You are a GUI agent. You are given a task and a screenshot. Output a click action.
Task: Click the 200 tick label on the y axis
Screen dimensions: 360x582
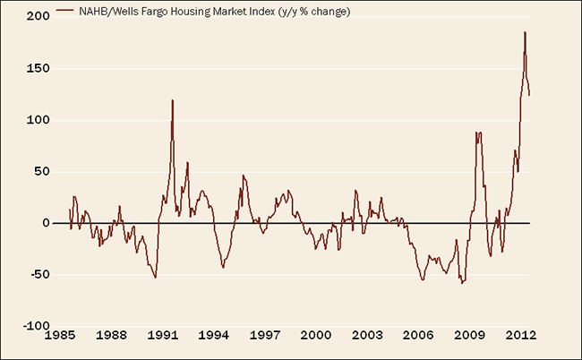[37, 17]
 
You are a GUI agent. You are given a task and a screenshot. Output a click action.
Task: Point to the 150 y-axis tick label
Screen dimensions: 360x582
[37, 68]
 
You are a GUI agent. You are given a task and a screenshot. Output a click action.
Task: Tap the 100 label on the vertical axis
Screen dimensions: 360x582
[37, 120]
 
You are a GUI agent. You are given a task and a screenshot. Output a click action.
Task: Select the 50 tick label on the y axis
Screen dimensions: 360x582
[40, 171]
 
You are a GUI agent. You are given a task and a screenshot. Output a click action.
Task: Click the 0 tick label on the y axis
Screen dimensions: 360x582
[44, 223]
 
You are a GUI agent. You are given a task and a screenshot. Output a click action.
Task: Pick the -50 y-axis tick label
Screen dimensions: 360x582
[39, 275]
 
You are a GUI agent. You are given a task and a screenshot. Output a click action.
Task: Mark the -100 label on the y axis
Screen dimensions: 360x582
[35, 326]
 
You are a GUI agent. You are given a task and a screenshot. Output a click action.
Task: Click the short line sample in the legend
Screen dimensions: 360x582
[64, 11]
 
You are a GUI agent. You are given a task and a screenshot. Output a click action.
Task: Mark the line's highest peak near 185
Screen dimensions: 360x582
[525, 32]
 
